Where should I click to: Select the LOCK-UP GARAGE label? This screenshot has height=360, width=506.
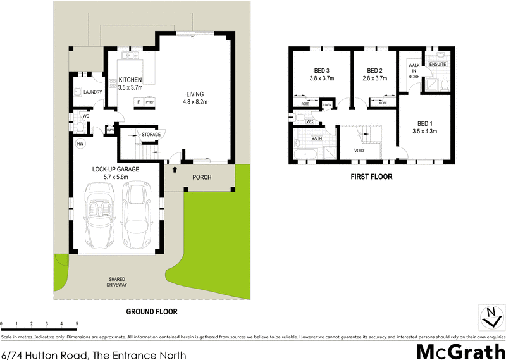116,170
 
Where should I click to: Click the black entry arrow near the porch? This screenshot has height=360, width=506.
175,170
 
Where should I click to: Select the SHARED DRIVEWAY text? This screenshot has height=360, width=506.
118,282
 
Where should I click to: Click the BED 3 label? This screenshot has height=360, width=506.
321,71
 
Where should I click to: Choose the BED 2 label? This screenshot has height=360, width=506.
375,71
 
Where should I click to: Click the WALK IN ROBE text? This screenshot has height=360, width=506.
414,70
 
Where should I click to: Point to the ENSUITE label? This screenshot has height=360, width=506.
438,64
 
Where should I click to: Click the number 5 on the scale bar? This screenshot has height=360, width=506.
77,324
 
